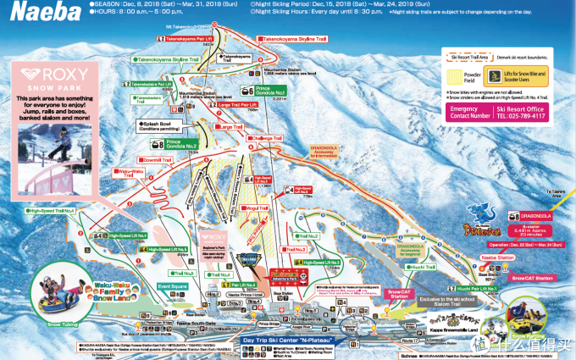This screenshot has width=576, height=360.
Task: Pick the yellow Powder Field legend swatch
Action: (x=460, y=75)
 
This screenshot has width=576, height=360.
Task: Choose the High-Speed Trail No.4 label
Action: (x=52, y=209)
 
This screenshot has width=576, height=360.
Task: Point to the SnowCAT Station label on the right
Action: (x=531, y=278)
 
